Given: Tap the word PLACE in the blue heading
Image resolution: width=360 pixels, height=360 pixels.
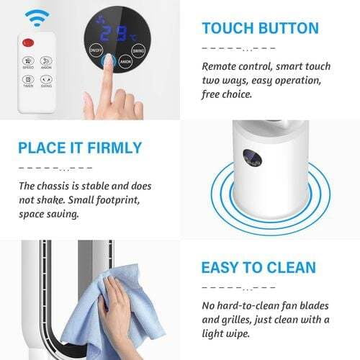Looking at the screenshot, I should [44, 149].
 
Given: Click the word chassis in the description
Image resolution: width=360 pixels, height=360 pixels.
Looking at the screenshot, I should [59, 186].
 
